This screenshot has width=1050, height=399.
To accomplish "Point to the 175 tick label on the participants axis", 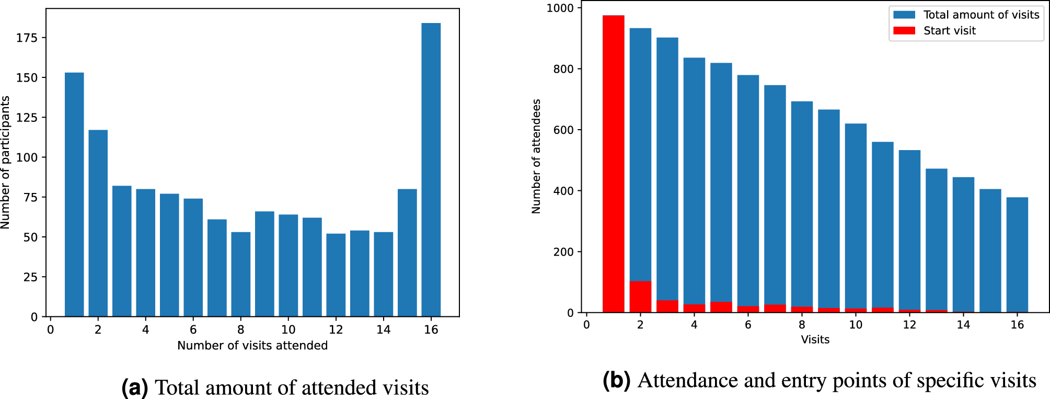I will (x=27, y=38).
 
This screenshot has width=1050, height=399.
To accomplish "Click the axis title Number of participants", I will (x=6, y=162).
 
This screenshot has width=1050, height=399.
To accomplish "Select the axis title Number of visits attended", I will (x=252, y=346).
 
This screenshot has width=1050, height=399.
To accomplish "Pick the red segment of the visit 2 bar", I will (x=640, y=297).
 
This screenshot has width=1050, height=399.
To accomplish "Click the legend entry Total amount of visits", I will (x=980, y=15).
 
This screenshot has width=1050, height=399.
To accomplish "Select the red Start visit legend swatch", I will (x=904, y=30).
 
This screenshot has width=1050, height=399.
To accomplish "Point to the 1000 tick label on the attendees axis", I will (x=560, y=8).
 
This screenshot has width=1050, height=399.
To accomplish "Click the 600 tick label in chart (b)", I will (x=563, y=130).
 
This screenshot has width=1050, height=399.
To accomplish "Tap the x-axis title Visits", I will (x=815, y=340).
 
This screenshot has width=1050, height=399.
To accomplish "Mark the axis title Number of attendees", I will (x=536, y=156).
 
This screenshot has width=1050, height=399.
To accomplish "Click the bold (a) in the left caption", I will (x=134, y=387).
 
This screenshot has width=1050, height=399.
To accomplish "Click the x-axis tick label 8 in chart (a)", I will (x=240, y=329).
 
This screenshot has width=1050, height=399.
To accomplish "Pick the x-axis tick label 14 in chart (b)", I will (x=963, y=325).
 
